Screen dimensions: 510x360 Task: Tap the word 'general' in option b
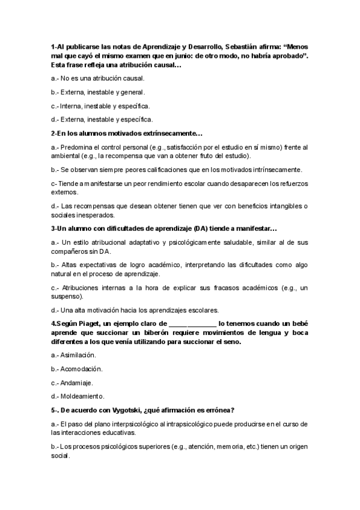point(132,92)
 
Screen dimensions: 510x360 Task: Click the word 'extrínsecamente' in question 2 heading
point(171,133)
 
